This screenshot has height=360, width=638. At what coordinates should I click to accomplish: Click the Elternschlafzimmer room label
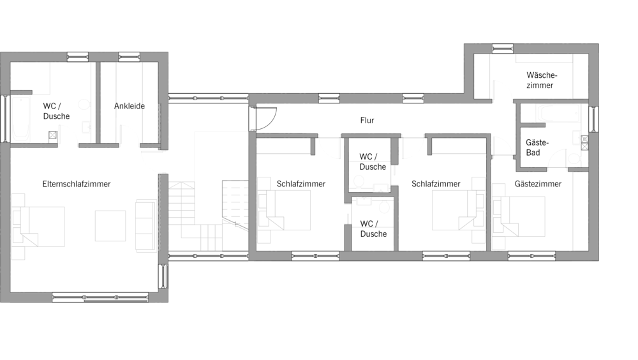pyautogui.click(x=77, y=184)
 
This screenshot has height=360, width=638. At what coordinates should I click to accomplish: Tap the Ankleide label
pyautogui.click(x=130, y=106)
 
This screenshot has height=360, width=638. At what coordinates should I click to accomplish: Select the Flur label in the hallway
pyautogui.click(x=367, y=120)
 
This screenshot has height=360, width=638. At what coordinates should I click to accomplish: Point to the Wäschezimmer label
pyautogui.click(x=541, y=80)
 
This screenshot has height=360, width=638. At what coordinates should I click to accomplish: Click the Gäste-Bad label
pyautogui.click(x=537, y=147)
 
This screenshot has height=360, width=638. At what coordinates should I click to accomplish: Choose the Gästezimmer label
pyautogui.click(x=538, y=184)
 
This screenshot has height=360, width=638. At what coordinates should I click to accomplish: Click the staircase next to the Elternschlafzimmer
pyautogui.click(x=209, y=216)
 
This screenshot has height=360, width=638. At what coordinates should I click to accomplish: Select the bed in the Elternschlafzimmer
pyautogui.click(x=38, y=227)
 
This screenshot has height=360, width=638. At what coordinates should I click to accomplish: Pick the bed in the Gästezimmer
pyautogui.click(x=519, y=216)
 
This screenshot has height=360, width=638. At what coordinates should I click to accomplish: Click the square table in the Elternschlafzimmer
pyautogui.click(x=110, y=225)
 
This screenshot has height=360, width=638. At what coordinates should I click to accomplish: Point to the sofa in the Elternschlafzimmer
pyautogui.click(x=145, y=225)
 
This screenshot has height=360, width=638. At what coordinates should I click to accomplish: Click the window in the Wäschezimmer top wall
pyautogui.click(x=503, y=49)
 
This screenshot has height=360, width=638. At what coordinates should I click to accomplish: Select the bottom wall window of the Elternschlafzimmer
pyautogui.click(x=100, y=297)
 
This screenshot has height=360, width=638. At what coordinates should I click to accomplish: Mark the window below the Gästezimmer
pyautogui.click(x=532, y=256)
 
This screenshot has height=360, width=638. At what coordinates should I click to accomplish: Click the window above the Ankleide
pyautogui.click(x=129, y=57)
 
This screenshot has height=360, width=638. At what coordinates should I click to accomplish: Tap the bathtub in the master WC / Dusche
pyautogui.click(x=21, y=118)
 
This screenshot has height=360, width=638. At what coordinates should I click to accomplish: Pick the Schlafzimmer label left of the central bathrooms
pyautogui.click(x=301, y=184)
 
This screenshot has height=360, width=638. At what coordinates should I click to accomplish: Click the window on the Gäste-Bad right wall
pyautogui.click(x=593, y=119)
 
